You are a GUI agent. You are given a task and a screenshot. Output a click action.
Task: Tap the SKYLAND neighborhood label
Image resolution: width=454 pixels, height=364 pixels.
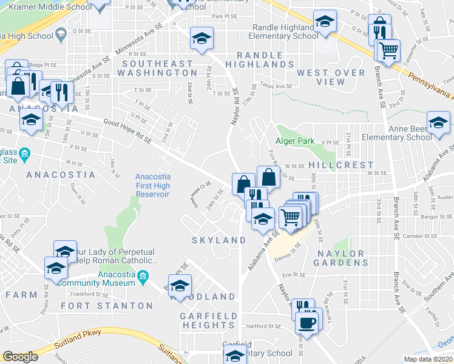[x=219, y=240]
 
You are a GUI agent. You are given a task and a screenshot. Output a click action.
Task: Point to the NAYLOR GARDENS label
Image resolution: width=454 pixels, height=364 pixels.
[x=341, y=258]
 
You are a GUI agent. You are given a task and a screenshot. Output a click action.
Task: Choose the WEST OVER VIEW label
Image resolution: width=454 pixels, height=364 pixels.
[x=331, y=77]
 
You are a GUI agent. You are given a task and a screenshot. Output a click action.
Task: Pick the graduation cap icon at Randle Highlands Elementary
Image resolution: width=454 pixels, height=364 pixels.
[x=325, y=22]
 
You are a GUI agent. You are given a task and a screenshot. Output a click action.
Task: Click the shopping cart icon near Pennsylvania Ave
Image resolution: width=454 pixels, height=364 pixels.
[x=388, y=50]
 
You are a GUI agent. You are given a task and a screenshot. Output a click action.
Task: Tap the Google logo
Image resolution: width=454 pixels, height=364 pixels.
[x=20, y=357]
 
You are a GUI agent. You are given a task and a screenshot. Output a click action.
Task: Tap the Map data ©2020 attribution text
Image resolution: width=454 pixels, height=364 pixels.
[x=429, y=359]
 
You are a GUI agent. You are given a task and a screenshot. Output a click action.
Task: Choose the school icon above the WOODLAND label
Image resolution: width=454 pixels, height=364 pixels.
[x=180, y=286]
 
